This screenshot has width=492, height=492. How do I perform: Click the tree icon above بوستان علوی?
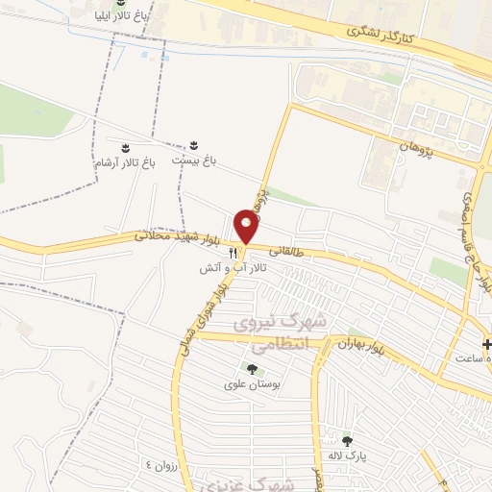pyautogui.click(x=252, y=369)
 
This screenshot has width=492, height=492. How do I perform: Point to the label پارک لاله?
pyautogui.click(x=347, y=455)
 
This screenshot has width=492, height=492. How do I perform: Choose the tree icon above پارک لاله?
pyautogui.click(x=347, y=440)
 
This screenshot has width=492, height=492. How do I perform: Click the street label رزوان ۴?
pyautogui.click(x=162, y=464)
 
